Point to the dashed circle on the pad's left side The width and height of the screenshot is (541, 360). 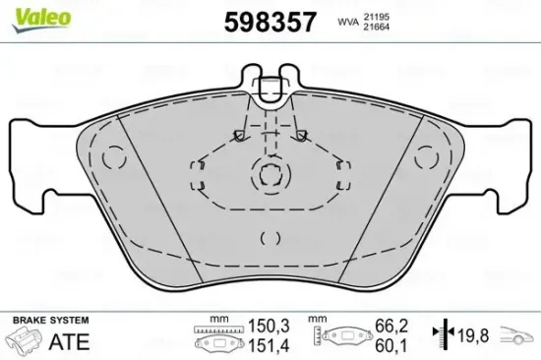pos(115,156)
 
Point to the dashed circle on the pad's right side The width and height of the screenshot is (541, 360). pos(425,156)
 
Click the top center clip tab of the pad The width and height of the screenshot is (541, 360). pos(269,90)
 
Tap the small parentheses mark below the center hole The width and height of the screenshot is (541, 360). pos(270,237)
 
